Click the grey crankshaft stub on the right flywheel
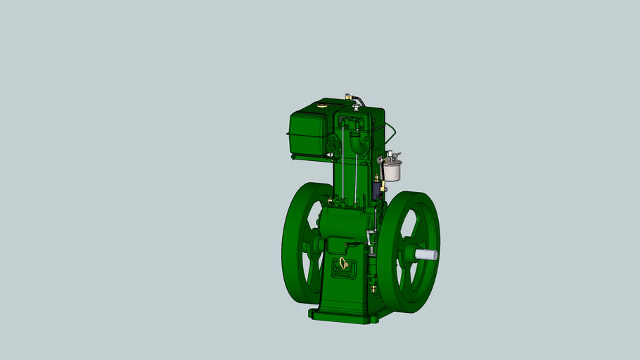point(427,255)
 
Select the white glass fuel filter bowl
point(391,171)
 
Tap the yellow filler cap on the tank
point(322,106)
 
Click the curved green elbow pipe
point(355,146)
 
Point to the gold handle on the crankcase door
point(343,264)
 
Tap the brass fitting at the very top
point(347,96)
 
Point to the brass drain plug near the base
point(373,287)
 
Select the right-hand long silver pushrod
point(357,169)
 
